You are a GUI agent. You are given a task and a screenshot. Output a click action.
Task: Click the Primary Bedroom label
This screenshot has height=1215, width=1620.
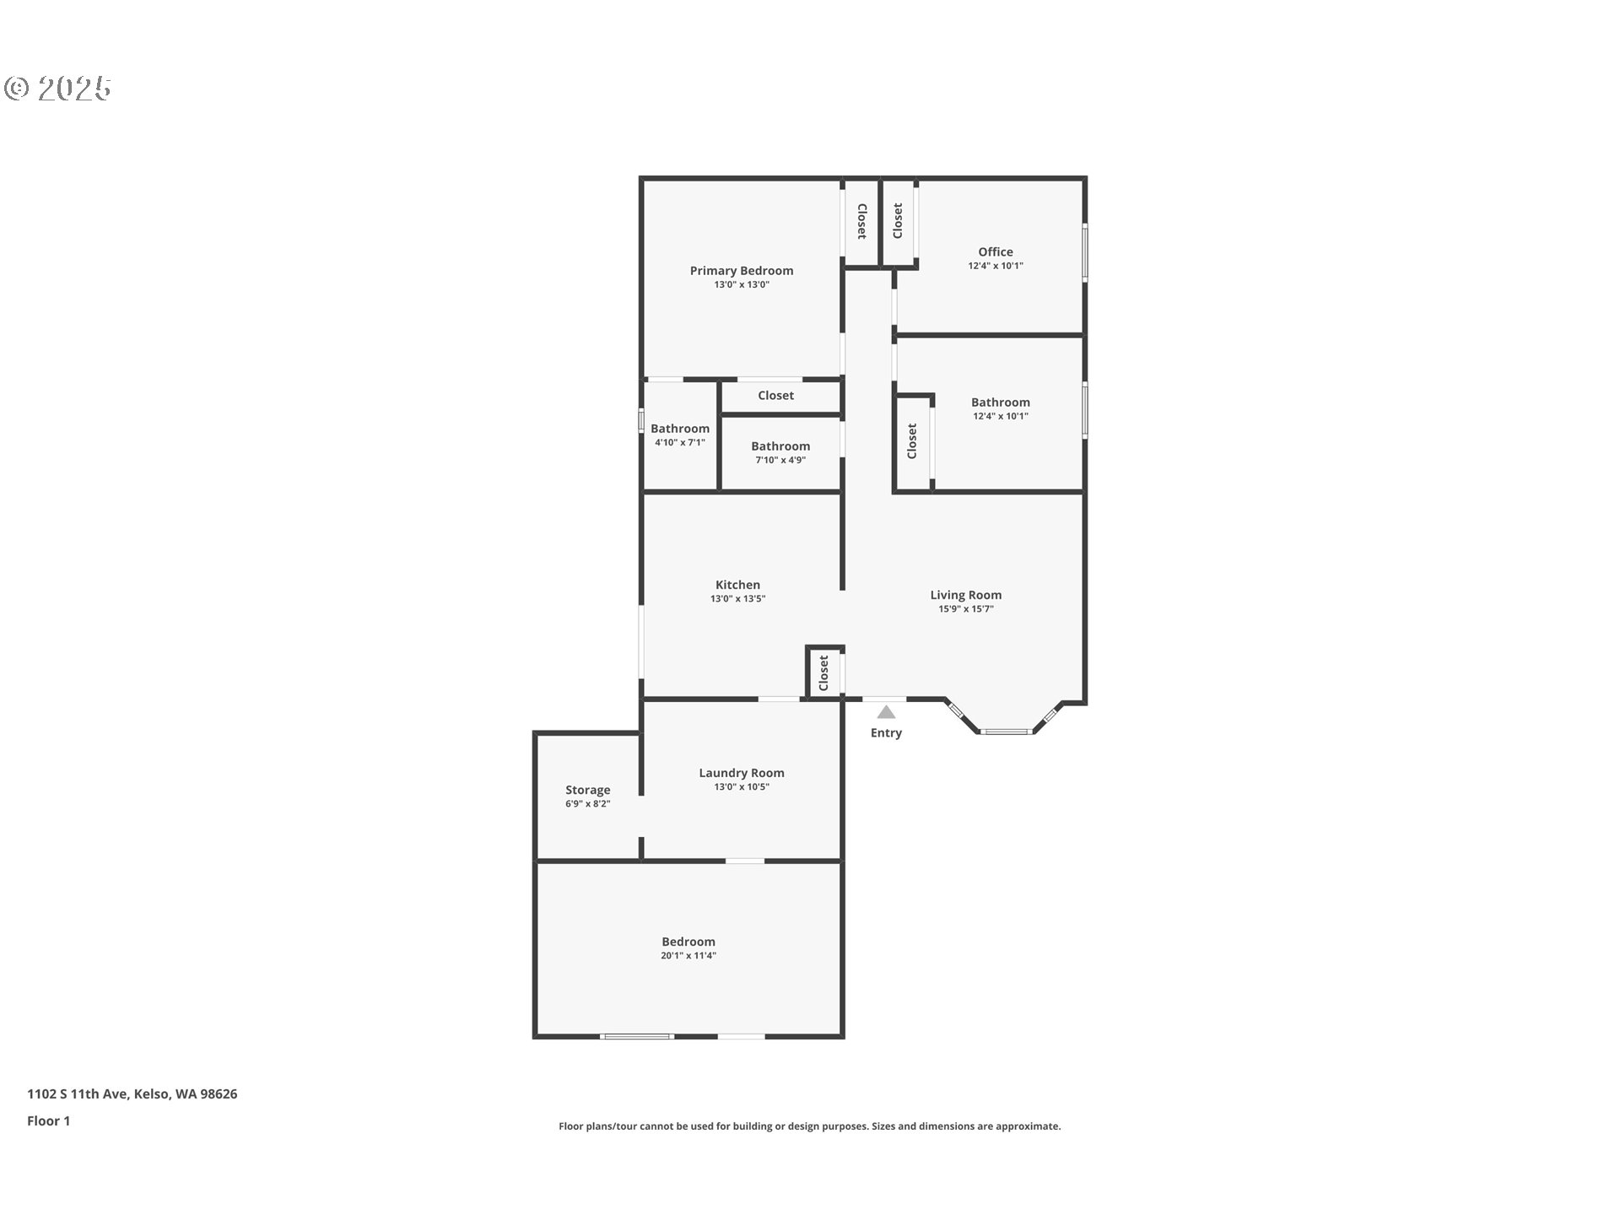click(x=742, y=271)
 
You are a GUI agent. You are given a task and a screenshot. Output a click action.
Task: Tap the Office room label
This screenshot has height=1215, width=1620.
click(x=996, y=251)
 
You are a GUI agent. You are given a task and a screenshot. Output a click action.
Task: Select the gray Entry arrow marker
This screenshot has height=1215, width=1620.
click(x=886, y=712)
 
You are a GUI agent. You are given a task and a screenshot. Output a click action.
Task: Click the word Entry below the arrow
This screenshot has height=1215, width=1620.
click(x=886, y=733)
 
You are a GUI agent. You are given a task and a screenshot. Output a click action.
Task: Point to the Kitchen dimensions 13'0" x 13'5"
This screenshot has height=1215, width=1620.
click(x=738, y=599)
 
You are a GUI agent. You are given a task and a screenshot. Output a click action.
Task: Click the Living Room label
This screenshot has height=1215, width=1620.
click(x=966, y=595)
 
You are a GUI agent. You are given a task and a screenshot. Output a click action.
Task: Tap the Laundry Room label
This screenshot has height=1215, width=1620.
click(x=742, y=773)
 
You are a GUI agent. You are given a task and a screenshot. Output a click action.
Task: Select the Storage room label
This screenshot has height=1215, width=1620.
click(x=588, y=791)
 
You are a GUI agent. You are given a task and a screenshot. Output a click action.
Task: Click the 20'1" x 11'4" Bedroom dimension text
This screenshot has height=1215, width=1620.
click(x=688, y=956)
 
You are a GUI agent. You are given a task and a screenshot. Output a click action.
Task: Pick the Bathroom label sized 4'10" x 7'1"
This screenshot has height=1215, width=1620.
click(x=680, y=429)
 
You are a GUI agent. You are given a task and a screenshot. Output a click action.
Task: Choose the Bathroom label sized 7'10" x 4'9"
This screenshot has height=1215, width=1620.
click(x=780, y=446)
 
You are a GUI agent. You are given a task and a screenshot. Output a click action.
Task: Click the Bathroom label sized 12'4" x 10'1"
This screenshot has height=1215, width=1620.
click(x=1001, y=402)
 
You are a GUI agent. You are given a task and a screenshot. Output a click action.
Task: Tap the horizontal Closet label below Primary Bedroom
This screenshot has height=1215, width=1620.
click(x=775, y=396)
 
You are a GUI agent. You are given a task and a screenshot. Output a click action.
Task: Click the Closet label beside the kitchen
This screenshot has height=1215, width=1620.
click(x=824, y=672)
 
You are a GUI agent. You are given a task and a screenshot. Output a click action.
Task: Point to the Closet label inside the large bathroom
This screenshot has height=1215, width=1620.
click(x=912, y=441)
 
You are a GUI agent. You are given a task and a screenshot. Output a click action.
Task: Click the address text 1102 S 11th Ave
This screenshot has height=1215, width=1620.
click(x=78, y=1094)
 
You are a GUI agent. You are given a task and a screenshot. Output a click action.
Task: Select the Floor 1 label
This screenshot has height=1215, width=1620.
click(x=49, y=1121)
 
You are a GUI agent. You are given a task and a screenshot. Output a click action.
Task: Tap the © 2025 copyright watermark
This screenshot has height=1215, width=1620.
click(x=57, y=89)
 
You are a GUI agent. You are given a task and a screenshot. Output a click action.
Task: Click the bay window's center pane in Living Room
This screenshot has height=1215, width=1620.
click(x=1007, y=732)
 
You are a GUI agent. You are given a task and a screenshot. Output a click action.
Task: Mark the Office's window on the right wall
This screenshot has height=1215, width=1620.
click(x=1085, y=251)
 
